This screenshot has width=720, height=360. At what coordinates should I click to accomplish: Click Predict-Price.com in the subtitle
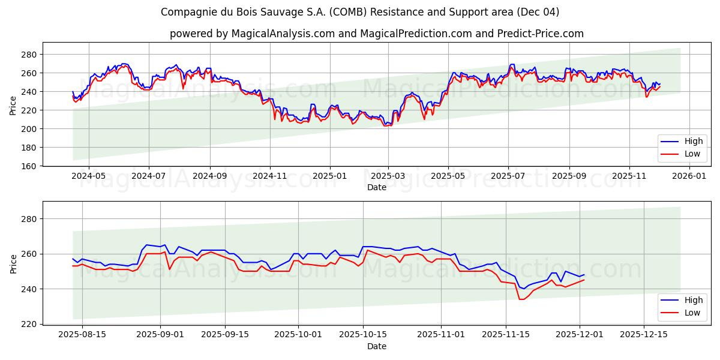pos(541,34)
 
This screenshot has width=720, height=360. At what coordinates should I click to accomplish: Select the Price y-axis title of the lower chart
pos(13,263)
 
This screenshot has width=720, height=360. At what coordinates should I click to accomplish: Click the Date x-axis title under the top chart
pos(377,188)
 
